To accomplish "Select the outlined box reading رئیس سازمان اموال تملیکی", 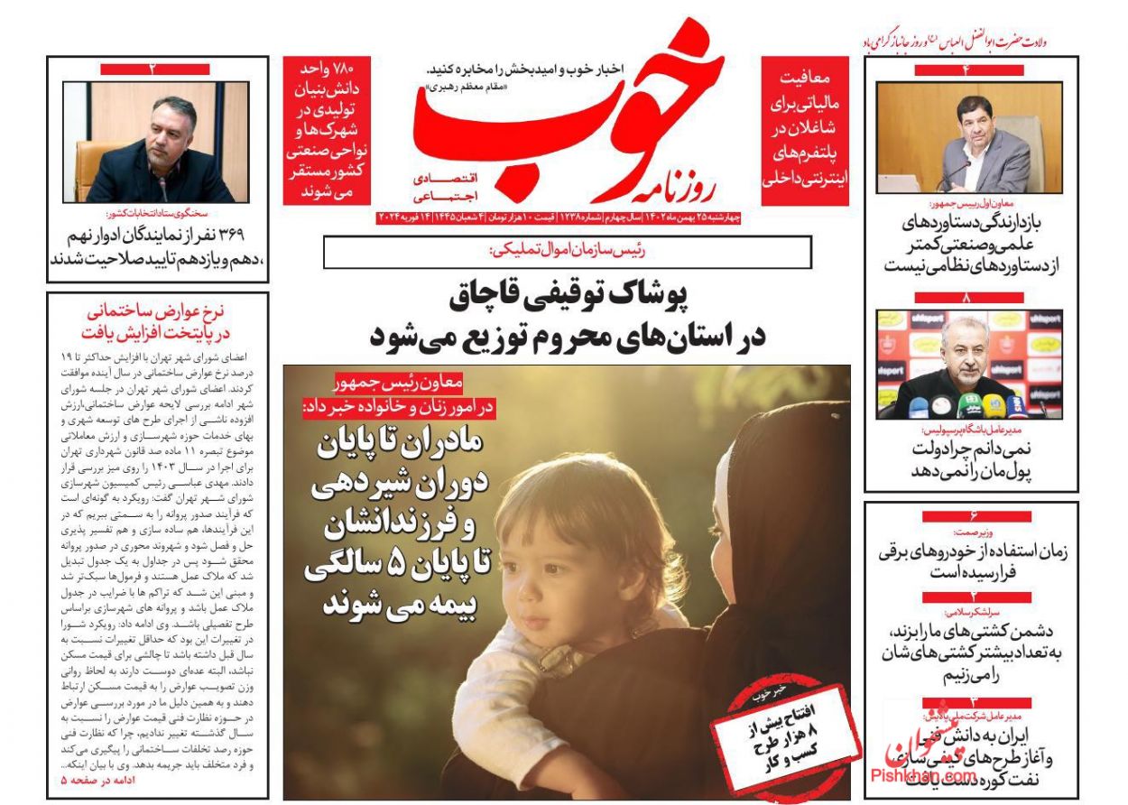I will tap(567, 252).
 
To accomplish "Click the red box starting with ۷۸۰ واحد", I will tap(327, 130).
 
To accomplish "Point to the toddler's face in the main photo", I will tap(541, 551).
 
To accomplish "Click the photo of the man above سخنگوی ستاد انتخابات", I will tap(156, 143).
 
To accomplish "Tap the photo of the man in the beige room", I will tap(969, 138).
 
